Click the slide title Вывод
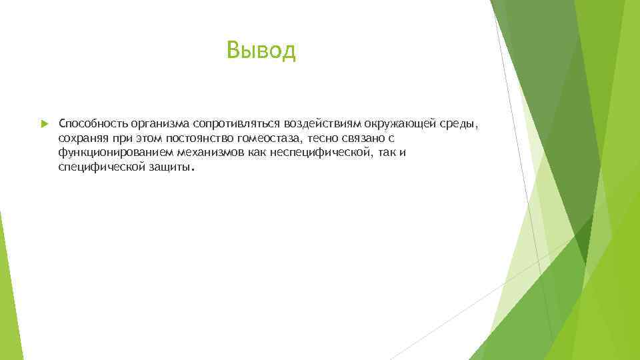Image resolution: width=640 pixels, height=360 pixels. pos(261,50)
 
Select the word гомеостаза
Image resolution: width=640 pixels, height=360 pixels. pos(269,139)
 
